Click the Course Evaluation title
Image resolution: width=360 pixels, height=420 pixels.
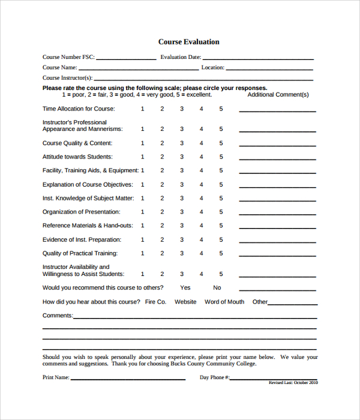(x=188, y=42)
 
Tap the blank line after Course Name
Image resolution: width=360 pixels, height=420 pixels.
(x=139, y=69)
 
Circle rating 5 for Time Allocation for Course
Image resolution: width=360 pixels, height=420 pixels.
(x=221, y=109)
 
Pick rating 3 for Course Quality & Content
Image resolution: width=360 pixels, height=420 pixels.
(x=181, y=143)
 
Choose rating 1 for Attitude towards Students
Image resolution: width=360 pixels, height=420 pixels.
(x=142, y=157)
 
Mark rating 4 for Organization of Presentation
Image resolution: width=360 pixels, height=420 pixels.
(x=201, y=212)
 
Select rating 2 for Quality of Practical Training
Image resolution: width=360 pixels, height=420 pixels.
(x=161, y=253)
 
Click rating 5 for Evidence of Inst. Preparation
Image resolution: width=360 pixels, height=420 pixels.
(x=221, y=239)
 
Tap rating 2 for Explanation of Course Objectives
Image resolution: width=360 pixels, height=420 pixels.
(x=161, y=185)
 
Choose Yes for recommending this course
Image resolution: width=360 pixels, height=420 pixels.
(x=185, y=288)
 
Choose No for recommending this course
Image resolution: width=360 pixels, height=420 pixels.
(x=217, y=288)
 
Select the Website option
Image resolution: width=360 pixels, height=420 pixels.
(x=185, y=302)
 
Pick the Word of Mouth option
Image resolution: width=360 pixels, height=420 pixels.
(x=224, y=302)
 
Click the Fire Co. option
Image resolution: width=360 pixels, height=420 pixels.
(x=155, y=302)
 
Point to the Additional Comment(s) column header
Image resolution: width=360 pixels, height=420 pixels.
(x=278, y=95)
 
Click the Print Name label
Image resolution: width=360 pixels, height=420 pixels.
(x=55, y=378)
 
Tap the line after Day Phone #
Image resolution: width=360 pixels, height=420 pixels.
(x=274, y=379)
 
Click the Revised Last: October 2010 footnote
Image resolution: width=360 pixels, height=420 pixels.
(x=293, y=382)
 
